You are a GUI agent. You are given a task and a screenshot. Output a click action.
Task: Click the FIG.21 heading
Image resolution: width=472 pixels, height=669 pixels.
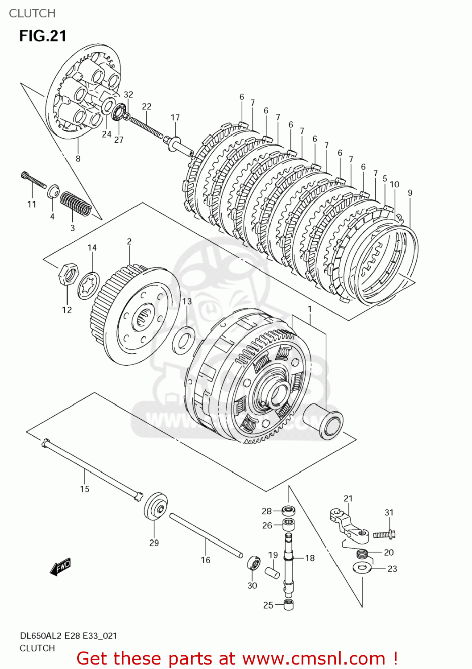(43, 36)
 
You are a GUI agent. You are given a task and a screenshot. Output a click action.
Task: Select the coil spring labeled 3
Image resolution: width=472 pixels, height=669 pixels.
(76, 204)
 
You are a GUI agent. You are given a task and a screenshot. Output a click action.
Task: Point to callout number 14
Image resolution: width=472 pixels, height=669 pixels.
(92, 248)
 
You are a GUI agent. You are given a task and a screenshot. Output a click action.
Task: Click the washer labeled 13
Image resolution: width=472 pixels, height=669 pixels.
(183, 340)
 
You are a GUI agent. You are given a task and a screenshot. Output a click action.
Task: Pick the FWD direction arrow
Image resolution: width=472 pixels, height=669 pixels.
(60, 567)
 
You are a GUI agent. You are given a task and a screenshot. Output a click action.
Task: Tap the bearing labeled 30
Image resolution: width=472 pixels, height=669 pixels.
(254, 563)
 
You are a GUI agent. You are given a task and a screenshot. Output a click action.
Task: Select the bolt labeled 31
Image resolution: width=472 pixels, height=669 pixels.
(385, 533)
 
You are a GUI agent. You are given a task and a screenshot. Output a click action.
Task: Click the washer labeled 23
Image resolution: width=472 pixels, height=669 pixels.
(362, 568)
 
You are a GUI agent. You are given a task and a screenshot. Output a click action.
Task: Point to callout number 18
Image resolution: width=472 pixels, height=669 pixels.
(310, 558)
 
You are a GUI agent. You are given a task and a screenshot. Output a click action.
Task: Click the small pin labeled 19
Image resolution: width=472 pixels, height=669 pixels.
(273, 573)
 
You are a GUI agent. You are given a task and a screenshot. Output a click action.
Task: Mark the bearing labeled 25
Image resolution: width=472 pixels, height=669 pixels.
(289, 605)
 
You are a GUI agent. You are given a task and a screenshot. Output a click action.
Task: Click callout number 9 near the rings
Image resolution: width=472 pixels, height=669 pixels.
(410, 193)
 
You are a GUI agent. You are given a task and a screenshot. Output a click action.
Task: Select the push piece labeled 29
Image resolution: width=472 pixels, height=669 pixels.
(156, 507)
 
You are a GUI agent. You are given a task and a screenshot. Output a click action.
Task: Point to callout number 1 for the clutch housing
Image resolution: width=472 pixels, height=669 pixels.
(310, 309)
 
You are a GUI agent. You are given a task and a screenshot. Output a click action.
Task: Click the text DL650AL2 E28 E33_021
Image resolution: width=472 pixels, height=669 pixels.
(68, 636)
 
